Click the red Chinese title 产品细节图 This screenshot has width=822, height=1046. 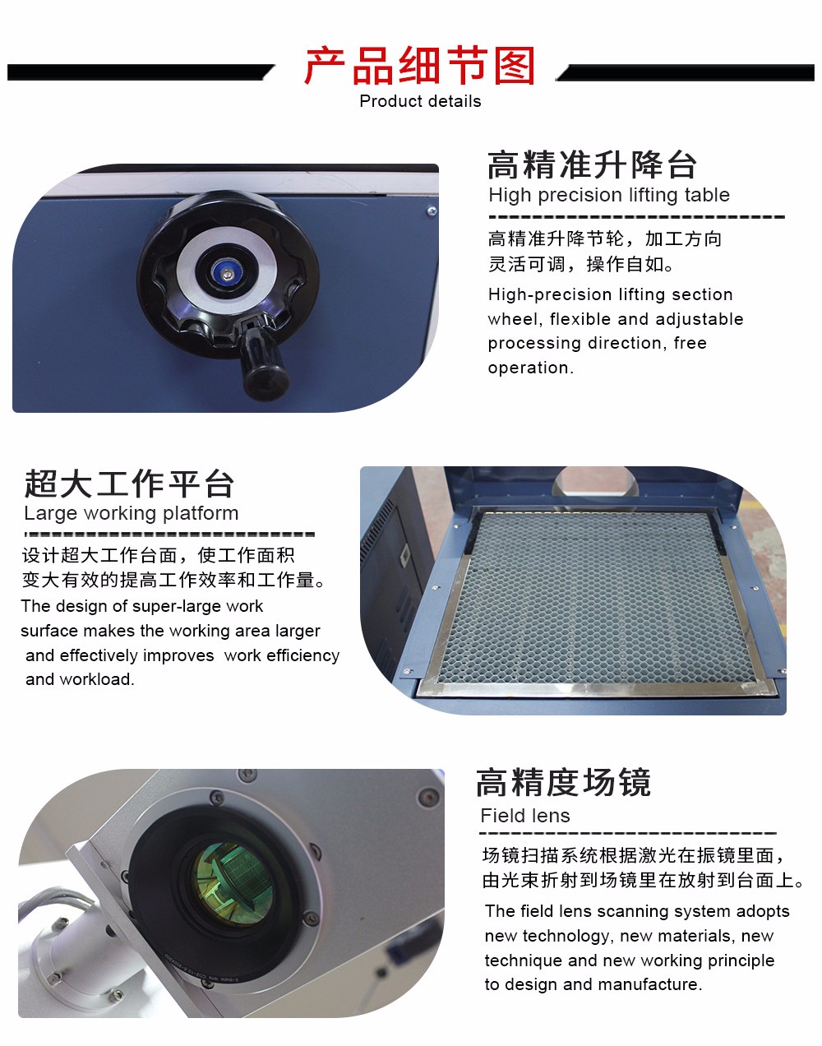tap(420, 66)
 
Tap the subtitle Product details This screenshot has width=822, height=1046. tap(420, 101)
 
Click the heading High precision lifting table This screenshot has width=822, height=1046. tap(609, 195)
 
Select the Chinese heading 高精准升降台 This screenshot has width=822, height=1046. tap(592, 164)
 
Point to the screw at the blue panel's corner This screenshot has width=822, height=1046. tap(432, 211)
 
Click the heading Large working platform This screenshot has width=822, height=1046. tap(132, 513)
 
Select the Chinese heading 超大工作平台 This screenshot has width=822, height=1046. tap(129, 484)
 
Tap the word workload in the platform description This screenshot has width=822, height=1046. tap(96, 679)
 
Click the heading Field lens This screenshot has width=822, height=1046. tap(525, 816)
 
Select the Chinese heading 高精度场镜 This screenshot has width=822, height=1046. tap(563, 783)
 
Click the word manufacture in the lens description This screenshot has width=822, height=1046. tap(650, 984)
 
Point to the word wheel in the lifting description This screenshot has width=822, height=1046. tap(516, 319)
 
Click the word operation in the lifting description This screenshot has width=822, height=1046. tap(530, 368)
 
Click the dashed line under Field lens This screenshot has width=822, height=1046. tap(628, 833)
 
